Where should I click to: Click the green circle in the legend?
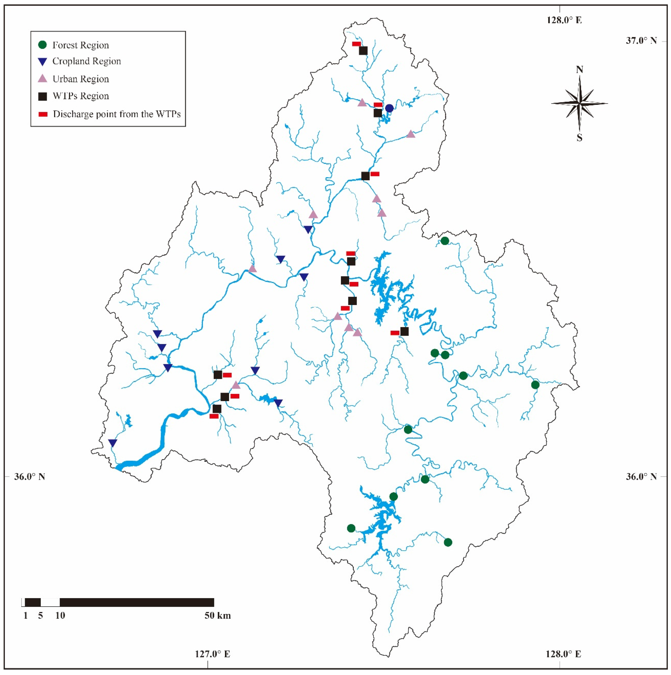(x=42, y=45)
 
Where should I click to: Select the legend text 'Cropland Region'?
(x=86, y=61)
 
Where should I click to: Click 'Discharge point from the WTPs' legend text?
(x=117, y=114)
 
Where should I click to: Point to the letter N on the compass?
(x=579, y=69)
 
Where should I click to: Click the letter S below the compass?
(x=579, y=138)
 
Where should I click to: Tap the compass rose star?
(x=579, y=103)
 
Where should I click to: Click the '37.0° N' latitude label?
(x=641, y=40)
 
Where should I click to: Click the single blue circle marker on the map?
(x=390, y=108)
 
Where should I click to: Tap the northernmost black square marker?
(x=363, y=51)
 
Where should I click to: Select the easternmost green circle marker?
(x=535, y=385)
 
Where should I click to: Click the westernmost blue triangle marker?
(x=112, y=443)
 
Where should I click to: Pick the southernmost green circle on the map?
(x=448, y=542)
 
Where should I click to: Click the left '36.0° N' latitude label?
(x=30, y=477)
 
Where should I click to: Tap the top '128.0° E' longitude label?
(x=564, y=20)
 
